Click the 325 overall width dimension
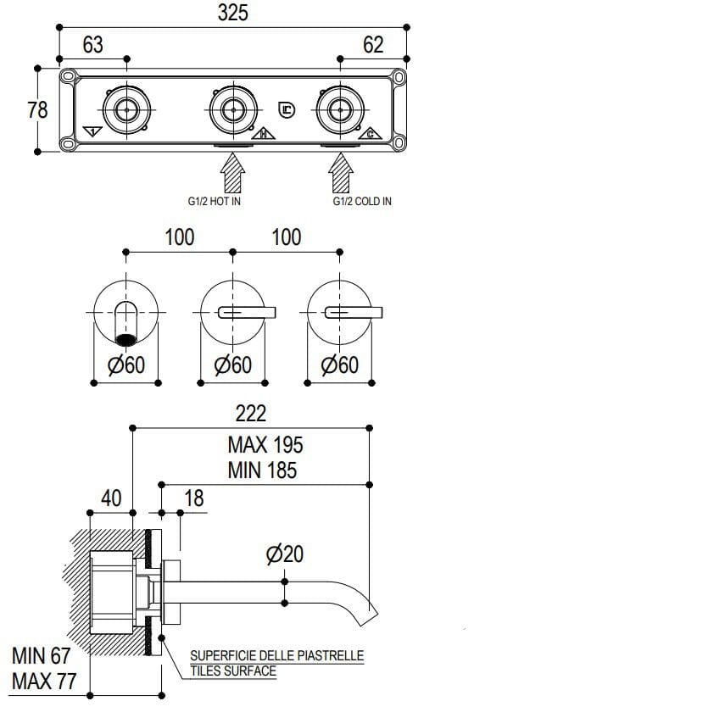(x=232, y=14)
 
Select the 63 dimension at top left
(x=92, y=44)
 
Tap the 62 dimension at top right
(x=373, y=44)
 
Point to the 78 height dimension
(x=36, y=109)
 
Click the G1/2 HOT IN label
(x=215, y=201)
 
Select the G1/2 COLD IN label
(x=362, y=201)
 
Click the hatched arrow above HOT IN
(x=232, y=175)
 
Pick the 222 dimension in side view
(x=250, y=413)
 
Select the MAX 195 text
(x=265, y=443)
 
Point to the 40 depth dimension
(x=111, y=498)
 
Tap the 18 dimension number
(x=194, y=498)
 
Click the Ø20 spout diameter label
(x=284, y=554)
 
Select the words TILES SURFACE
(x=233, y=671)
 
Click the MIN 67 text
(x=41, y=656)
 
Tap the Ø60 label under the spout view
(x=126, y=365)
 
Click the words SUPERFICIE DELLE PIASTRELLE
(x=276, y=655)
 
